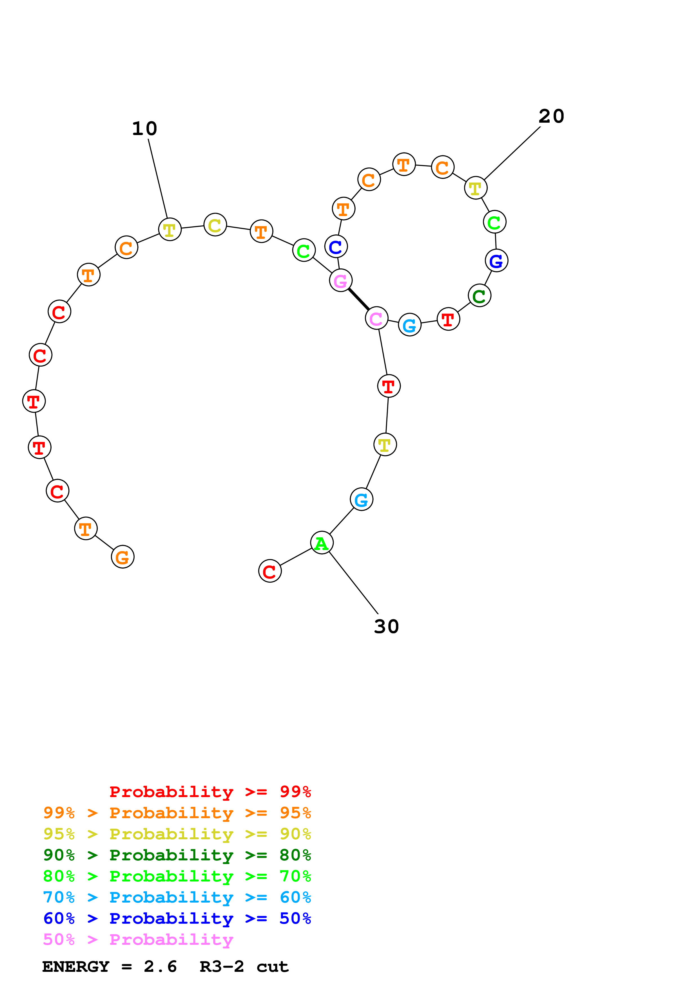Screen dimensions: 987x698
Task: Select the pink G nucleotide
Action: point(341,281)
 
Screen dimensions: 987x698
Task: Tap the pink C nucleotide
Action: point(376,318)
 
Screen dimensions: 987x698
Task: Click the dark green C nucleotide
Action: point(479,296)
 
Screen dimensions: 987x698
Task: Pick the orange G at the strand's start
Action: point(122,557)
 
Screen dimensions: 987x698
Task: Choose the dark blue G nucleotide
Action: point(496,261)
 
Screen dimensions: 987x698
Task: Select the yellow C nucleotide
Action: point(215,225)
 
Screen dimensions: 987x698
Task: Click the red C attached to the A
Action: point(270,571)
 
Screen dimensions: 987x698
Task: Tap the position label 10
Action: point(144,129)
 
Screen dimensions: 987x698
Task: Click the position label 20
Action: point(551,116)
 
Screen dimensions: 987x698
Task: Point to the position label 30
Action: point(386,626)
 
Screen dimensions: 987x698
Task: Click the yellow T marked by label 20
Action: point(475,188)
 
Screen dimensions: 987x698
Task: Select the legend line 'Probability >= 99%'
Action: point(210,791)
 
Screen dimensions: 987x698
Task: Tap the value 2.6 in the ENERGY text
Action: point(160,967)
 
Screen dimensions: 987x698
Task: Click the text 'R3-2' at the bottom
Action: point(222,967)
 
